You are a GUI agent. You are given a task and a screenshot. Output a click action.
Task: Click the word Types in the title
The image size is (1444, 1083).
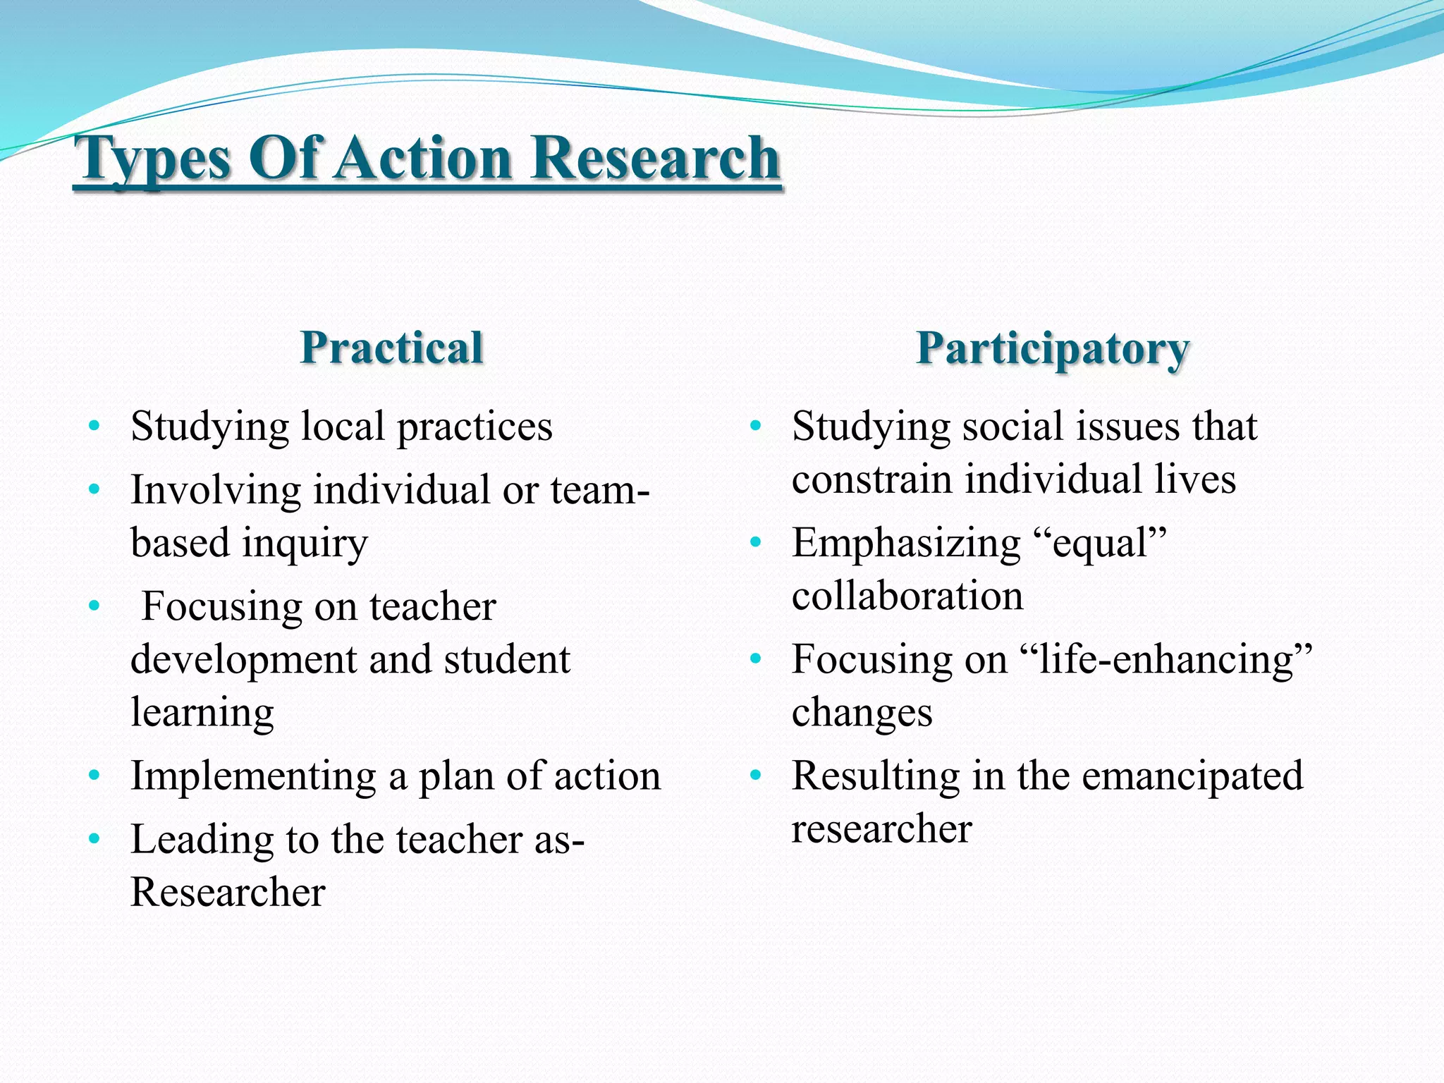coord(154,159)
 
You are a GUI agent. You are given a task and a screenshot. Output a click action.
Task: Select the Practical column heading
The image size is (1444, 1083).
coord(391,348)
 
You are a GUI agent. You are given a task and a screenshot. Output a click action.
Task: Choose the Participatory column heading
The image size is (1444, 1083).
coord(1053,349)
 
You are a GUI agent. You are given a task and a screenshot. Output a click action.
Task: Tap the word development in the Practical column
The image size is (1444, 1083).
coord(244,661)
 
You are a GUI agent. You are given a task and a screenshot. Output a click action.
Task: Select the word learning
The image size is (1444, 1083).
coord(202,713)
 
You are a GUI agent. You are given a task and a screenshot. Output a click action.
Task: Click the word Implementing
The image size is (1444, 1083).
coord(253,776)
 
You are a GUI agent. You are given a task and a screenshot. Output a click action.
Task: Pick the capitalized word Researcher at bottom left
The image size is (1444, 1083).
coord(228,892)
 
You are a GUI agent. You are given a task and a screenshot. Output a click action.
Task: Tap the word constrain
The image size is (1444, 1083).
coord(871,479)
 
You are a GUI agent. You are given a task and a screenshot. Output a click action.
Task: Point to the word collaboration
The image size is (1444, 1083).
coord(907,596)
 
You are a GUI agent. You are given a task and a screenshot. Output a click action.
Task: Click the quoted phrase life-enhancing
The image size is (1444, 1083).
coord(1166,660)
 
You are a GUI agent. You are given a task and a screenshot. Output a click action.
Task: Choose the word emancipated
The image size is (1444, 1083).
coord(1192,776)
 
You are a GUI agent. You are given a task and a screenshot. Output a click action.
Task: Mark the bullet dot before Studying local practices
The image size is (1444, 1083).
coord(94,426)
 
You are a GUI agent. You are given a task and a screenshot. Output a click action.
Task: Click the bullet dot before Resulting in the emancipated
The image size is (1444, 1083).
coord(756,776)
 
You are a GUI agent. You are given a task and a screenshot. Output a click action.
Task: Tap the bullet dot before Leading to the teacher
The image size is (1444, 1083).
coord(94,839)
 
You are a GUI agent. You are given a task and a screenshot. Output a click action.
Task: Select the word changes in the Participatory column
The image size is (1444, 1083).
coord(862,713)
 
